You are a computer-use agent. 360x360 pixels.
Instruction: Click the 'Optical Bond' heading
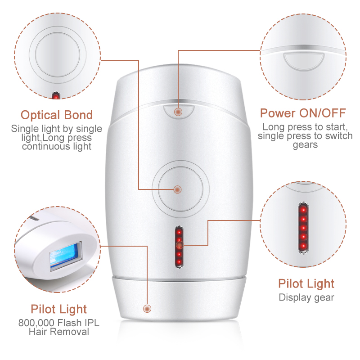pyautogui.click(x=57, y=115)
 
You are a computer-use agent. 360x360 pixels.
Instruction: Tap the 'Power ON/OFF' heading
pyautogui.click(x=303, y=113)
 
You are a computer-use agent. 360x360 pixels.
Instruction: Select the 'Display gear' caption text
pyautogui.click(x=306, y=297)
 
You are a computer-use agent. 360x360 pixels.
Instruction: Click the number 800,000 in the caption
pyautogui.click(x=36, y=323)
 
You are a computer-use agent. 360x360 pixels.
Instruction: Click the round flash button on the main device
pyautogui.click(x=180, y=189)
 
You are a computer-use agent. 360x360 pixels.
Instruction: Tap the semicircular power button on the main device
pyautogui.click(x=179, y=112)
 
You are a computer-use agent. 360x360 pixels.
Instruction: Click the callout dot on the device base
pyautogui.click(x=147, y=309)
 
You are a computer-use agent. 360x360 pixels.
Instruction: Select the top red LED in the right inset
pyautogui.click(x=303, y=210)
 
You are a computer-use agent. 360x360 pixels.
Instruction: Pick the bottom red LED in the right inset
pyautogui.click(x=303, y=246)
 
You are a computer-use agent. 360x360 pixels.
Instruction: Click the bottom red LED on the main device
pyautogui.click(x=179, y=261)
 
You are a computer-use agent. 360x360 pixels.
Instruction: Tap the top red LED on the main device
pyautogui.click(x=179, y=232)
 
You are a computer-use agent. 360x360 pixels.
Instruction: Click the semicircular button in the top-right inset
pyautogui.click(x=304, y=61)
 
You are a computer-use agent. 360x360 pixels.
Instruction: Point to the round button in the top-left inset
pyautogui.click(x=58, y=54)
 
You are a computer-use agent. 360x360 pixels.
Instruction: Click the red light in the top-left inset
pyautogui.click(x=56, y=96)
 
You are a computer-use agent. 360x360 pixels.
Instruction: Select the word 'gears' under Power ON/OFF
pyautogui.click(x=305, y=145)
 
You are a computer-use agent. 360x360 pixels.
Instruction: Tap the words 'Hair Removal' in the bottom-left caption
pyautogui.click(x=59, y=332)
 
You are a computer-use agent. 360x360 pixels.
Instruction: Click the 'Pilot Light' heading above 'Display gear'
pyautogui.click(x=306, y=283)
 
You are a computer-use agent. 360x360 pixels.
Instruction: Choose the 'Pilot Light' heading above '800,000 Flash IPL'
pyautogui.click(x=59, y=309)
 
